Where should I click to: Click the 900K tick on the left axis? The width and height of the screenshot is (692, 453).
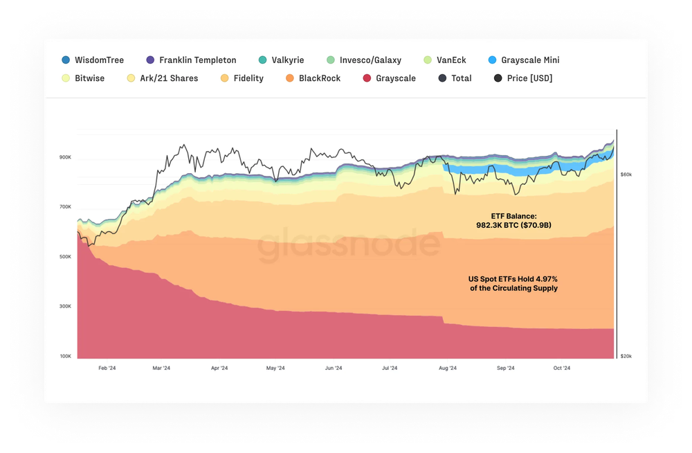pos(66,157)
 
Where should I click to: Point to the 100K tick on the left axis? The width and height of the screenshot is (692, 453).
pos(66,356)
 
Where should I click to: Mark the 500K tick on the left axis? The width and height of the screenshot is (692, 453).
pos(66,257)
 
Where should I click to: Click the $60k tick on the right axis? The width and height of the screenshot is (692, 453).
pos(625,175)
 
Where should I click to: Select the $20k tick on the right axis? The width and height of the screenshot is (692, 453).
pos(625,356)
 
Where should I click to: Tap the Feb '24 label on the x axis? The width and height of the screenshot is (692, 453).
pos(107,368)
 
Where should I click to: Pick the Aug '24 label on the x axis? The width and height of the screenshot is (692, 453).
pos(448,368)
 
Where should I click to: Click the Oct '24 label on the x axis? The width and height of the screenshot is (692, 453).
pos(561,368)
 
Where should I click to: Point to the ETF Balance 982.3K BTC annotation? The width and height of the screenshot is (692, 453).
pos(513,221)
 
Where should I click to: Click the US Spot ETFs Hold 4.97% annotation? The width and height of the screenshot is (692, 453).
pos(513,283)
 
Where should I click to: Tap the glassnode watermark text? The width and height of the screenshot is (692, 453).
pos(349,247)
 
